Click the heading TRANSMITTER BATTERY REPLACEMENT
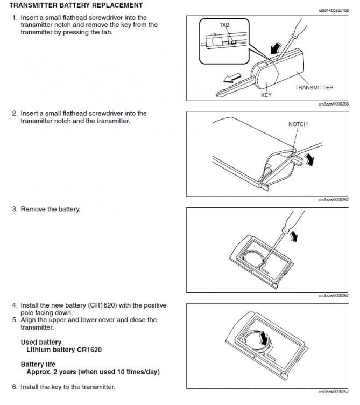pyautogui.click(x=76, y=5)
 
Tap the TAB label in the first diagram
pyautogui.click(x=224, y=25)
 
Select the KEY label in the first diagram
pyautogui.click(x=266, y=95)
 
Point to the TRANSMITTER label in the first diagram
pyautogui.click(x=314, y=87)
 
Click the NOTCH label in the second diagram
pyautogui.click(x=298, y=124)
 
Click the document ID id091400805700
pyautogui.click(x=333, y=10)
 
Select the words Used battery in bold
pyautogui.click(x=41, y=342)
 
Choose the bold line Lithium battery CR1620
pyautogui.click(x=64, y=350)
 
